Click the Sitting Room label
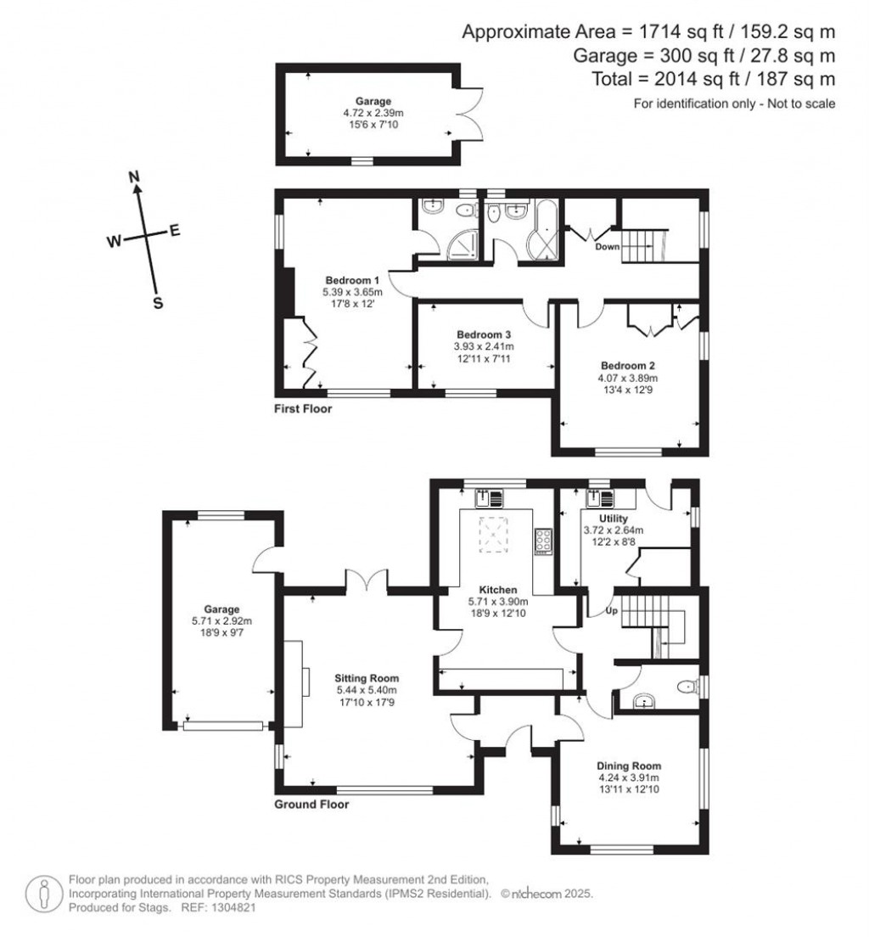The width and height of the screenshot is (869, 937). pyautogui.click(x=367, y=679)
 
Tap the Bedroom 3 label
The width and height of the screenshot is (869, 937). pyautogui.click(x=485, y=334)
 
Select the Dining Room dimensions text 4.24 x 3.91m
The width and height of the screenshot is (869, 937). pyautogui.click(x=629, y=777)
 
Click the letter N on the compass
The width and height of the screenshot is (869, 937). pyautogui.click(x=133, y=177)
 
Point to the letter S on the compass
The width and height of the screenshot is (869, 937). pyautogui.click(x=157, y=303)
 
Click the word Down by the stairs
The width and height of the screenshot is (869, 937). pyautogui.click(x=607, y=247)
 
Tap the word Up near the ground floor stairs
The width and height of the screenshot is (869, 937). pyautogui.click(x=609, y=610)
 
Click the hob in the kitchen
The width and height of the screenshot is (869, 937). pyautogui.click(x=541, y=540)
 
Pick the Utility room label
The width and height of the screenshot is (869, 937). pyautogui.click(x=613, y=519)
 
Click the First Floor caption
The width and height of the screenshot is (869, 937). pyautogui.click(x=303, y=409)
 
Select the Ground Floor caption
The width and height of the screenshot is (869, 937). pyautogui.click(x=311, y=805)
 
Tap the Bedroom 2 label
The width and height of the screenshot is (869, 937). pyautogui.click(x=629, y=365)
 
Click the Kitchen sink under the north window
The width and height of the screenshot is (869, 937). pyautogui.click(x=490, y=494)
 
